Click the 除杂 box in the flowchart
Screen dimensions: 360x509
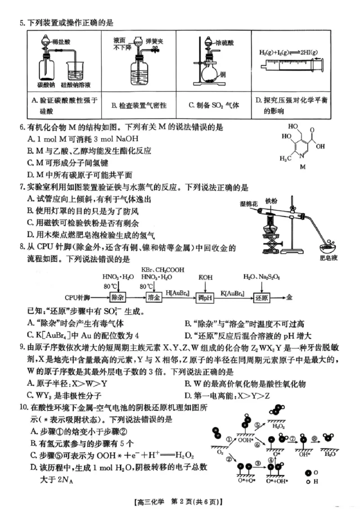(x=117, y=298)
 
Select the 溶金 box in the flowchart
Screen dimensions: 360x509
(x=154, y=298)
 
